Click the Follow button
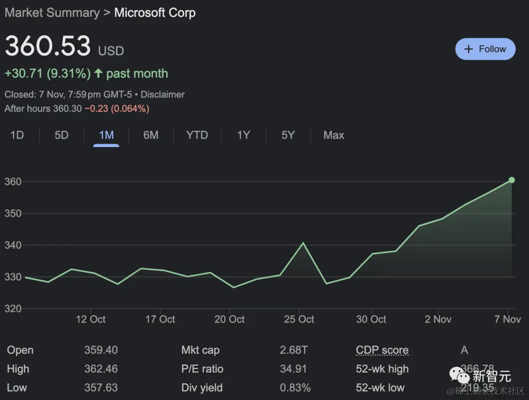point(485,49)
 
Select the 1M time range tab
point(106,135)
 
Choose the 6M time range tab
point(151,135)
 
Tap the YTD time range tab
point(197,135)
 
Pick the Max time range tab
point(334,135)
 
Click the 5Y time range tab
point(288,135)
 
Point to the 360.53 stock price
point(48,46)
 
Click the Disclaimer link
point(163,94)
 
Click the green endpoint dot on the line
point(511,180)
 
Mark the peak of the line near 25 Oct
point(303,243)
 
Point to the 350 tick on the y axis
point(13,213)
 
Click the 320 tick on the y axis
point(13,308)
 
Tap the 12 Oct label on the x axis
point(91,319)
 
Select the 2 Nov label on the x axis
point(438,319)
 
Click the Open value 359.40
point(101,350)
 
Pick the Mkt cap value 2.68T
point(294,350)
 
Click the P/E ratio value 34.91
point(293,369)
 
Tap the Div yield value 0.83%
point(295,387)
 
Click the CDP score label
point(382,350)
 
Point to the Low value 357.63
point(101,387)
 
